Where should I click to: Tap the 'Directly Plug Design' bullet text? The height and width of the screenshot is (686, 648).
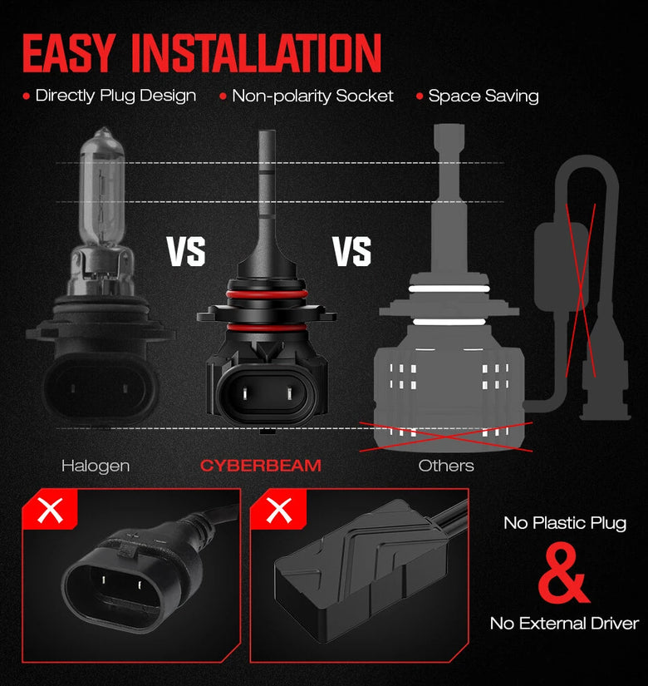(115, 96)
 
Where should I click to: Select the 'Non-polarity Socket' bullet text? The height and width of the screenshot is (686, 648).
(312, 96)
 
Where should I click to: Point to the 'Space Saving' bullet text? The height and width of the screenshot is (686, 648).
(484, 96)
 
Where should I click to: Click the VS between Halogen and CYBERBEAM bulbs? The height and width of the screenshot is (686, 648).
(186, 252)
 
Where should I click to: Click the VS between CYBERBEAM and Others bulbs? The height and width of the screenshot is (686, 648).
(352, 252)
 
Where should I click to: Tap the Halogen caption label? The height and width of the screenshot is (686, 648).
(96, 466)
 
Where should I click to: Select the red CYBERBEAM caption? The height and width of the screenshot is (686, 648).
(261, 466)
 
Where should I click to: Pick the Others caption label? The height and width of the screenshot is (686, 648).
(446, 466)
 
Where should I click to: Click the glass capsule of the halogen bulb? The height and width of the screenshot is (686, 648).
(102, 188)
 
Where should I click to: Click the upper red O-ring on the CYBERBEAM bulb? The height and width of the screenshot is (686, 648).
(267, 294)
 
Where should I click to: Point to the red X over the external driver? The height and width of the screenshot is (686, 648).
(581, 290)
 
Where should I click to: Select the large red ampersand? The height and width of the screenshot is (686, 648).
(563, 573)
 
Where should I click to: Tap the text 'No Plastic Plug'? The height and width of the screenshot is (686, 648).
(565, 523)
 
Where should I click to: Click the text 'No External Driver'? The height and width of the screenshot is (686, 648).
(564, 623)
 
